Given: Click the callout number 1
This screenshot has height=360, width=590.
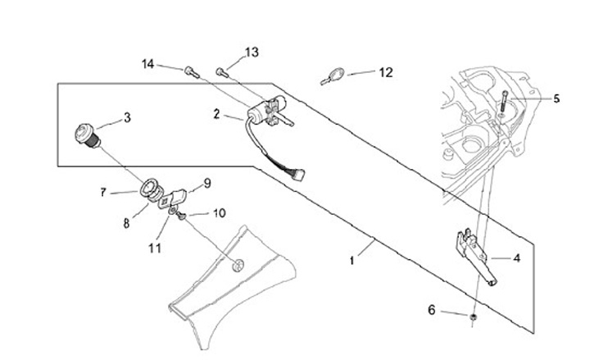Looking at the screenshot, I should [352, 260].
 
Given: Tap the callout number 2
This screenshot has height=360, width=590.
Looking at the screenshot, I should [216, 115].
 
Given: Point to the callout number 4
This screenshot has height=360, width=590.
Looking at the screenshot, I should [517, 257].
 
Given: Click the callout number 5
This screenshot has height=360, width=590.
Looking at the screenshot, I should [556, 99].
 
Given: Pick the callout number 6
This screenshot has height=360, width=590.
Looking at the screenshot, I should [432, 309].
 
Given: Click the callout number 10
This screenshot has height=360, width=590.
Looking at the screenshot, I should [219, 214].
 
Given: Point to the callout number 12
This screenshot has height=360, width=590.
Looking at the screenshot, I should [385, 72].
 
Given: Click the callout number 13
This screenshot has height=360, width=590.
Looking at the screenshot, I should [252, 52].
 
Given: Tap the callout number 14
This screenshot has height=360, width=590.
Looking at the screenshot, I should [147, 63].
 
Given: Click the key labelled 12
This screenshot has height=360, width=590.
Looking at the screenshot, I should [329, 78].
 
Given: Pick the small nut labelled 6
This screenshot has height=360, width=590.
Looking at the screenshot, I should [474, 316].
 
